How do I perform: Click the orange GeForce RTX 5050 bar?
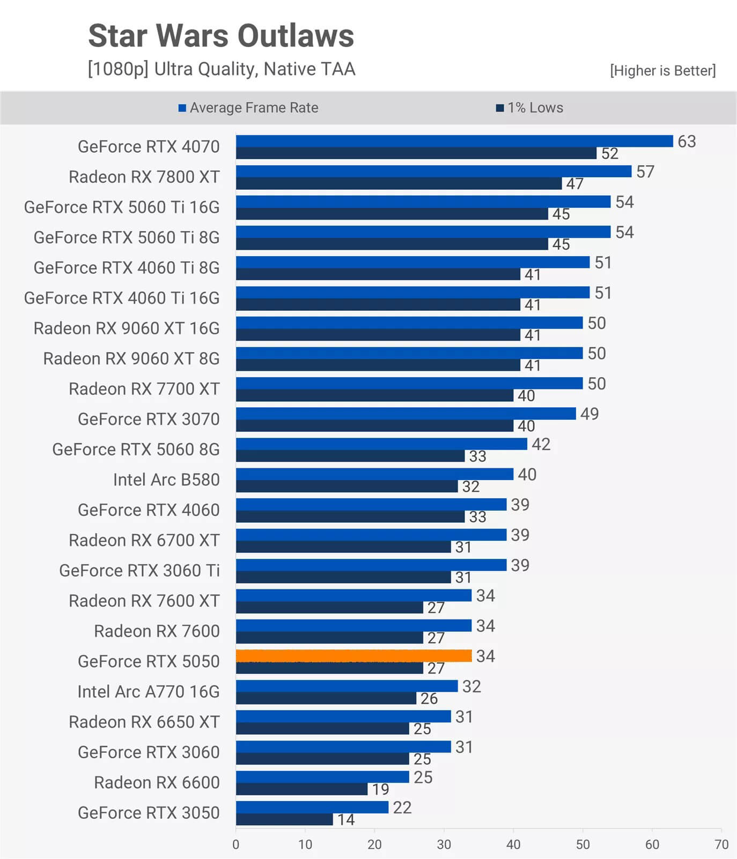pyautogui.click(x=353, y=655)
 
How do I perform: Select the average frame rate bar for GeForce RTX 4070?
pyautogui.click(x=454, y=141)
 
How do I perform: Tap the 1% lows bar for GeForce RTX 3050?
pyautogui.click(x=284, y=819)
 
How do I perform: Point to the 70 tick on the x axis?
pyautogui.click(x=721, y=845)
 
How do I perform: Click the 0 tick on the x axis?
pyautogui.click(x=236, y=845)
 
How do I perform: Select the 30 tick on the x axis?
pyautogui.click(x=444, y=845)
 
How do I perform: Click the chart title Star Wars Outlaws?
pyautogui.click(x=221, y=36)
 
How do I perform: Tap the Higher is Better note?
pyautogui.click(x=662, y=71)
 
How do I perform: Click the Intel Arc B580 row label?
pyautogui.click(x=166, y=480)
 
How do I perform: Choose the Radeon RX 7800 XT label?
pyautogui.click(x=144, y=177)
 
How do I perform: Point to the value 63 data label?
pyautogui.click(x=687, y=141)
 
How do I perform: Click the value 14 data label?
pyautogui.click(x=346, y=819)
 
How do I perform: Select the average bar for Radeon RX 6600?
pyautogui.click(x=322, y=776)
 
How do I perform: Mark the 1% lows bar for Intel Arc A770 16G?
pyautogui.click(x=326, y=698)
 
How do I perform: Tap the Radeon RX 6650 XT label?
pyautogui.click(x=144, y=722)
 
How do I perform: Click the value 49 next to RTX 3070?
pyautogui.click(x=589, y=414)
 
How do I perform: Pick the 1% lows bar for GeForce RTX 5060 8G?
pyautogui.click(x=350, y=456)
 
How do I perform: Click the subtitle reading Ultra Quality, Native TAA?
pyautogui.click(x=221, y=69)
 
